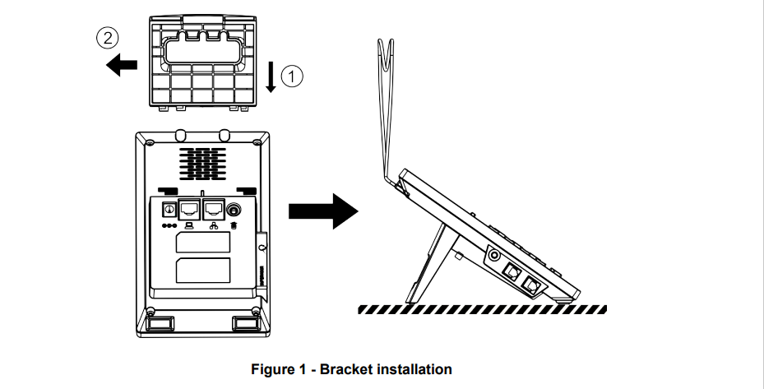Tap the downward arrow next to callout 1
tap(273, 77)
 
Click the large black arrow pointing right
tap(324, 212)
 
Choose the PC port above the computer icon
tap(190, 209)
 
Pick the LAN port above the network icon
tap(214, 209)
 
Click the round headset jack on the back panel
tap(237, 210)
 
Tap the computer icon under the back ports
tap(191, 225)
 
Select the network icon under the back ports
tap(214, 225)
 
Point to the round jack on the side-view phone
tap(495, 256)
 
